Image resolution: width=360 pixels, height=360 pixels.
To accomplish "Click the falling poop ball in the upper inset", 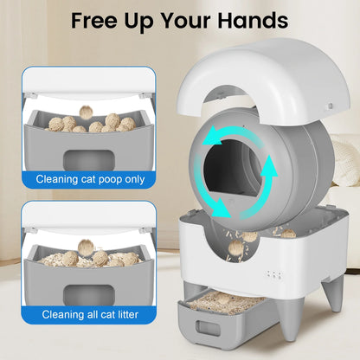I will click(87, 110).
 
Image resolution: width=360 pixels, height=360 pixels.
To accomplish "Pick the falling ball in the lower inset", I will click(86, 247).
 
